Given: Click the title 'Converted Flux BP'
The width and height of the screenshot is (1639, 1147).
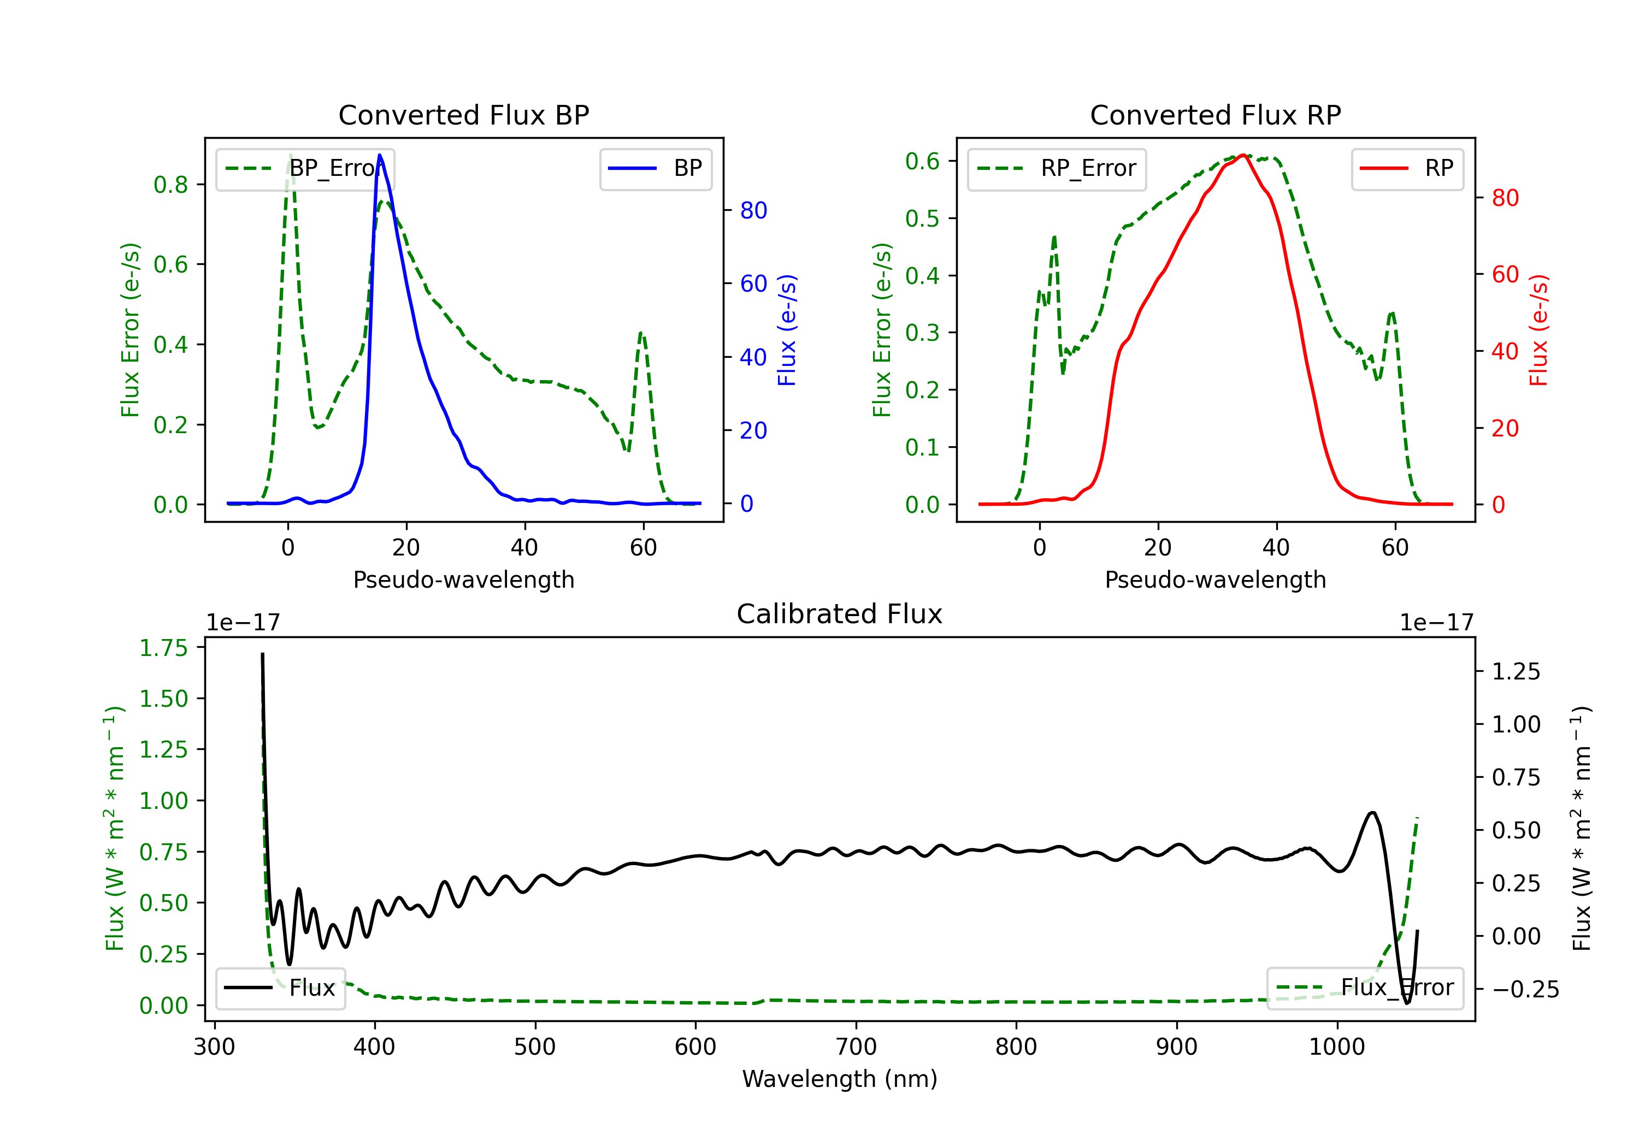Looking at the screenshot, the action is click(463, 115).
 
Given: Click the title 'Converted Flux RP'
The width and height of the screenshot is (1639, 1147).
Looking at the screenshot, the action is click(1215, 115).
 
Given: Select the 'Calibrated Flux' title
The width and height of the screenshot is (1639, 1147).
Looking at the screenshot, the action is click(840, 614).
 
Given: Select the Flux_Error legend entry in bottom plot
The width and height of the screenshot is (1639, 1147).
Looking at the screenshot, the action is click(1365, 988).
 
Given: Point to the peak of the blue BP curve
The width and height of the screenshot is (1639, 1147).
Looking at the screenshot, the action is click(380, 155).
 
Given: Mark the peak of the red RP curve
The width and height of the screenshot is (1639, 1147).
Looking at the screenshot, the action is click(1243, 155).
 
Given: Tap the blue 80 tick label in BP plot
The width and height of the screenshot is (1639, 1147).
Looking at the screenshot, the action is click(754, 211).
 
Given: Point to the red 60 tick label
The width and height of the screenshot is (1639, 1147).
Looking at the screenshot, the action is click(1506, 274).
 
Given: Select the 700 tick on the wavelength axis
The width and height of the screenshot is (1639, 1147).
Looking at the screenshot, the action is click(856, 1047).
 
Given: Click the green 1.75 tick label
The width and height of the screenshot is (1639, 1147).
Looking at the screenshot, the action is click(163, 648).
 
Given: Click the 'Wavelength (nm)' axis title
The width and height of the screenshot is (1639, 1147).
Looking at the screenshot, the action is click(840, 1079).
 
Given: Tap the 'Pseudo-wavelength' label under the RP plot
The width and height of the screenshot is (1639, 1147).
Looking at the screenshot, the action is click(1215, 580).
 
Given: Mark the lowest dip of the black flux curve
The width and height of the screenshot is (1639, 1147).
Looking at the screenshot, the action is click(1407, 1003).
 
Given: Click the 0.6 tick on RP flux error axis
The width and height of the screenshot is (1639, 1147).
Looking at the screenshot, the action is click(922, 161).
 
